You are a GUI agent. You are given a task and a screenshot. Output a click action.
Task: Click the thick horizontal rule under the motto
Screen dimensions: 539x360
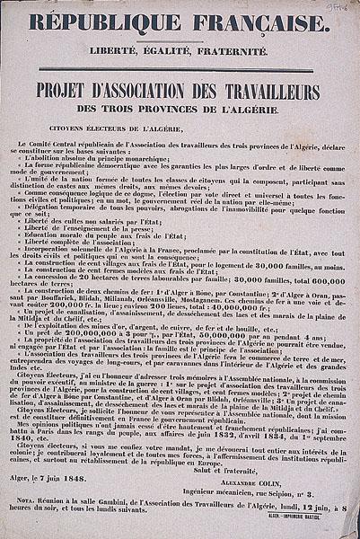click(180, 71)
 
